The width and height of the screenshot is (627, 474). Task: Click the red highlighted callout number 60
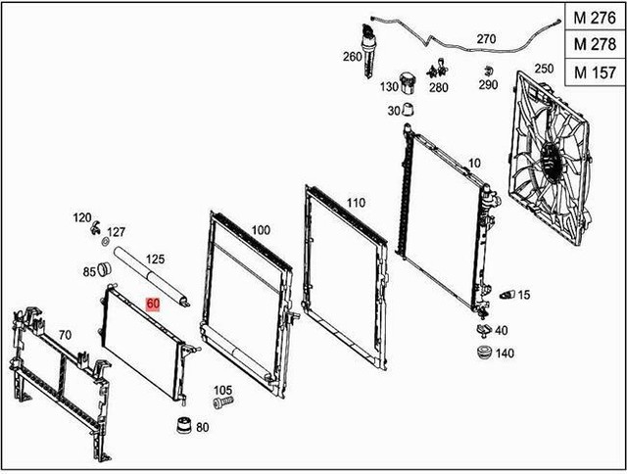point(152,304)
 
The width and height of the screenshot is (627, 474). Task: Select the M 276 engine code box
point(593,19)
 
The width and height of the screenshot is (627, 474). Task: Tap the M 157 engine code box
point(593,71)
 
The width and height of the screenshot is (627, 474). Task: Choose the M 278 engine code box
point(593,45)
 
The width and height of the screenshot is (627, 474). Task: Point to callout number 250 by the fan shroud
point(544,69)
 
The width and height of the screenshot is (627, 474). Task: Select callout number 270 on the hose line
point(487,39)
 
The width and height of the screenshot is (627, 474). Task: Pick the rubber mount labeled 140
point(481,353)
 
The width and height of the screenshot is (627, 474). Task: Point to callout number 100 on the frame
point(261,229)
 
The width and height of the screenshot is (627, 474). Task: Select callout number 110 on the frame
point(355,203)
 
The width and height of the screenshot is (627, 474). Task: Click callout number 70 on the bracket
point(65,335)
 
